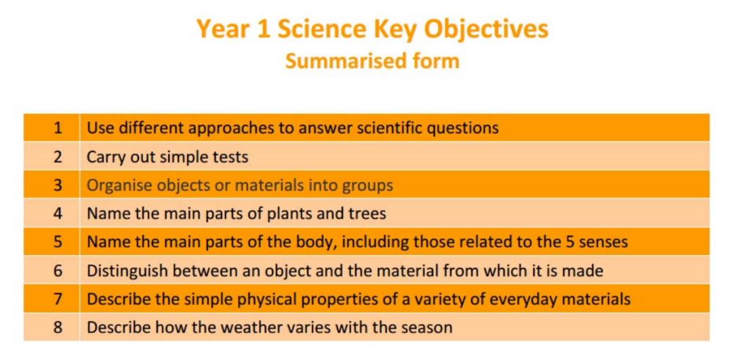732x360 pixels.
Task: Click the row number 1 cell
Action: coord(52,127)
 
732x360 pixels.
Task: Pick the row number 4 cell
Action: coord(52,214)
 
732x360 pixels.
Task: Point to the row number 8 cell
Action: coord(52,327)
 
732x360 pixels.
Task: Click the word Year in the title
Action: coord(218,29)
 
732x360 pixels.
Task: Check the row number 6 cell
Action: coord(52,270)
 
